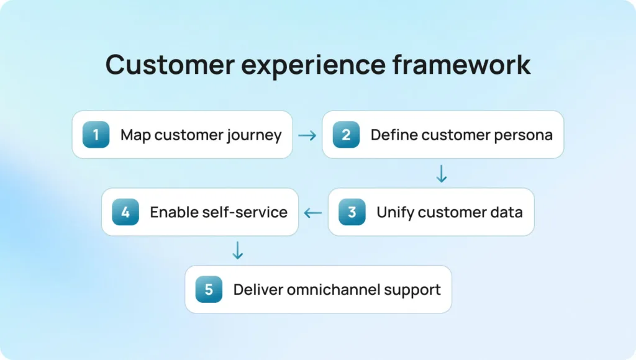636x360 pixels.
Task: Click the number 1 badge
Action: point(96,135)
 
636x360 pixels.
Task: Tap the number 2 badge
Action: point(346,135)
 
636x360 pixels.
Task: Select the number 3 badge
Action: point(352,212)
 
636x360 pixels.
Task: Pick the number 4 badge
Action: point(125,212)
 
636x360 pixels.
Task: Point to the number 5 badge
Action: point(209,289)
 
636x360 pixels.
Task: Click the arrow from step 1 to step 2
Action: point(307,135)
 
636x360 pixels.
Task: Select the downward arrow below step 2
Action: point(441,174)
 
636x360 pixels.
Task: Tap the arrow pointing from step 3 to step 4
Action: point(313,213)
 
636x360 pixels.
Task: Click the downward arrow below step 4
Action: point(237,251)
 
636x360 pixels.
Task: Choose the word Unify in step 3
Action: point(395,212)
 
